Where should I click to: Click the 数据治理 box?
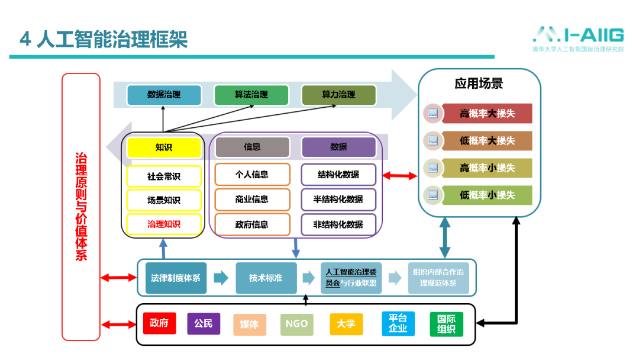pyautogui.click(x=164, y=95)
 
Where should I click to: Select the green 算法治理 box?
pyautogui.click(x=251, y=95)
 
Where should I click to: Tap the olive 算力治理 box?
pyautogui.click(x=338, y=95)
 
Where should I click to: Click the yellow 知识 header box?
pyautogui.click(x=164, y=147)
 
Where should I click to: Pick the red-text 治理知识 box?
pyautogui.click(x=164, y=224)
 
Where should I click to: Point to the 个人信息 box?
pyautogui.click(x=252, y=175)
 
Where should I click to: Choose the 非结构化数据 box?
pyautogui.click(x=338, y=224)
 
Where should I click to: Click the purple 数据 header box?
pyautogui.click(x=338, y=147)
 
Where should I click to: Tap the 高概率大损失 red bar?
pyautogui.click(x=487, y=113)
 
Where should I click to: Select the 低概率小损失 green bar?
pyautogui.click(x=487, y=195)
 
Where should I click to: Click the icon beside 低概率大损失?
pyautogui.click(x=433, y=141)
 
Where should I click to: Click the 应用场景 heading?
pyautogui.click(x=479, y=83)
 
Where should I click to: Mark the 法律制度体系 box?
pyautogui.click(x=176, y=278)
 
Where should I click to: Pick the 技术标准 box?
pyautogui.click(x=266, y=278)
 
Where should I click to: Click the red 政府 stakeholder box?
pyautogui.click(x=159, y=323)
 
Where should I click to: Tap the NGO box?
pyautogui.click(x=296, y=324)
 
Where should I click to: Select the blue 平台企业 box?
pyautogui.click(x=398, y=323)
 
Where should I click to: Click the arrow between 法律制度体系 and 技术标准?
pyautogui.click(x=221, y=278)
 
